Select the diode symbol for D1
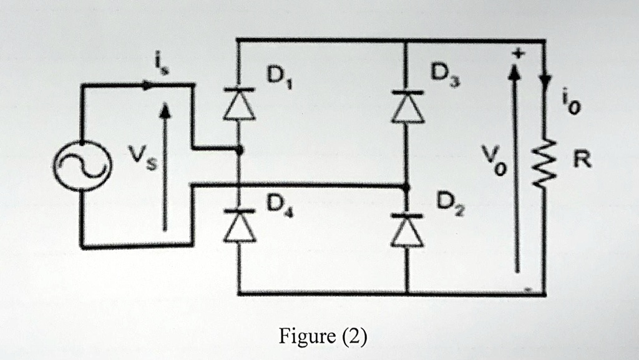tap(240, 103)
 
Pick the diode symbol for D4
tap(240, 225)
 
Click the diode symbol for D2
tap(407, 228)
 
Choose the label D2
tap(447, 205)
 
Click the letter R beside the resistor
tap(582, 161)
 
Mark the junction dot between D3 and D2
tap(407, 186)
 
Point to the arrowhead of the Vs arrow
tap(165, 110)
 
